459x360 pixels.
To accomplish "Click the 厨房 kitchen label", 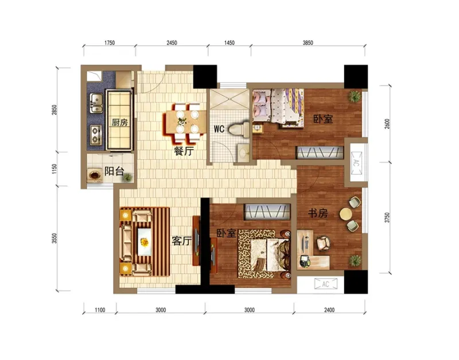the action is [120, 122].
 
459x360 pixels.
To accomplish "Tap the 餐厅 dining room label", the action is [184, 151].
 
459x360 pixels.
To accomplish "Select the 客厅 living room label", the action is [181, 241].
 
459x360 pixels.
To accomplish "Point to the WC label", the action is [219, 129].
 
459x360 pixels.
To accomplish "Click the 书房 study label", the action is [318, 213].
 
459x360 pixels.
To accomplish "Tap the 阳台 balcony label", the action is [114, 171].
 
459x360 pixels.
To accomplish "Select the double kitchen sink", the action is [96, 103].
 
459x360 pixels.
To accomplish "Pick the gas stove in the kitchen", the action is [96, 135].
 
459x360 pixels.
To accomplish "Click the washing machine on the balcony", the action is [95, 175].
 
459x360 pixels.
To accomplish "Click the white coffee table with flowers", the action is [145, 242].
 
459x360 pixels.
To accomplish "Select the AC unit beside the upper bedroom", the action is [356, 163].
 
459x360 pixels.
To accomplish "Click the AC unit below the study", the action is [325, 284].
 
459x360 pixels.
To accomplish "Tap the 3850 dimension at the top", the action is [308, 42].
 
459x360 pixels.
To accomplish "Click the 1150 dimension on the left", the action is [54, 169].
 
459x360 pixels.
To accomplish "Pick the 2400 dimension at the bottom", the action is [329, 310].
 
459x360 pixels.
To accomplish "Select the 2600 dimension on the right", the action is [387, 124].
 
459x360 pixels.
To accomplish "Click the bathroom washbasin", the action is [243, 152].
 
